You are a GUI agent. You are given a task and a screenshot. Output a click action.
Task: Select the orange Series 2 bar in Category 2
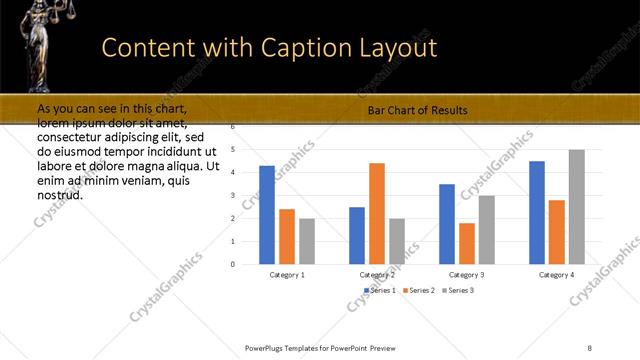(x=377, y=213)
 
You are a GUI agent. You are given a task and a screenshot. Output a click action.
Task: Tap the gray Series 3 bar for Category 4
(x=577, y=207)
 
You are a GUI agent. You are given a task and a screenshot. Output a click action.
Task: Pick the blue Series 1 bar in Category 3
(x=447, y=224)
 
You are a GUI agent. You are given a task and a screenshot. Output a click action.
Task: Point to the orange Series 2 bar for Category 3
(x=467, y=243)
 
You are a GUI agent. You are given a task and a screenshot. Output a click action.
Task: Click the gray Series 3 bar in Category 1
(x=307, y=241)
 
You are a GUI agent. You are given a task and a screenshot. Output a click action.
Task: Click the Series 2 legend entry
(x=418, y=290)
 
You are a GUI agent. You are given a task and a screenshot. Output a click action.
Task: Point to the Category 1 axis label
(x=287, y=274)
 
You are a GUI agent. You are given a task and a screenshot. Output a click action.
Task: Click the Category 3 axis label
(x=467, y=274)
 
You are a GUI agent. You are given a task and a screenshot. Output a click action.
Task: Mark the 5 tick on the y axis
(x=232, y=150)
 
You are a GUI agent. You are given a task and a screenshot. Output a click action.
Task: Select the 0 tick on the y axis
(x=232, y=264)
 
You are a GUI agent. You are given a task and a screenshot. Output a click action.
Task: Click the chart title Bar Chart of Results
(x=418, y=110)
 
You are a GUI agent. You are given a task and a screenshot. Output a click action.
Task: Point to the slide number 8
(x=590, y=348)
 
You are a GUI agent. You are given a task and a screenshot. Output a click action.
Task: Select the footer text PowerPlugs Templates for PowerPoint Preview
(x=320, y=348)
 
